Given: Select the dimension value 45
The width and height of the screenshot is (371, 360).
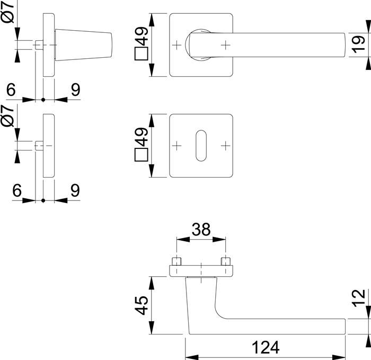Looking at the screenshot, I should [x=141, y=306].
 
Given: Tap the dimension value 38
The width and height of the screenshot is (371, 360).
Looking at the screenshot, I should [x=201, y=229].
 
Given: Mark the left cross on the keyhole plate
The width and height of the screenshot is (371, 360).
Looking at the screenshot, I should [x=176, y=145].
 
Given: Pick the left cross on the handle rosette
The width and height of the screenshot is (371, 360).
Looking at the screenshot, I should [x=176, y=46].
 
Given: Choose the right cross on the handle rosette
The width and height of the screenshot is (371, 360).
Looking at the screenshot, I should [x=226, y=46].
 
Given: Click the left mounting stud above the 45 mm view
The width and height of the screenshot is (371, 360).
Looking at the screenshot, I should [x=176, y=262].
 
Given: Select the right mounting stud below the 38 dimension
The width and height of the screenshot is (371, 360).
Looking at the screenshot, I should [x=226, y=262].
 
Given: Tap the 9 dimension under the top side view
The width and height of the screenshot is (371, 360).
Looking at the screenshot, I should [x=75, y=90].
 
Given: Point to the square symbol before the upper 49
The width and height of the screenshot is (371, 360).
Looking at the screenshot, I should [x=141, y=55].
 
